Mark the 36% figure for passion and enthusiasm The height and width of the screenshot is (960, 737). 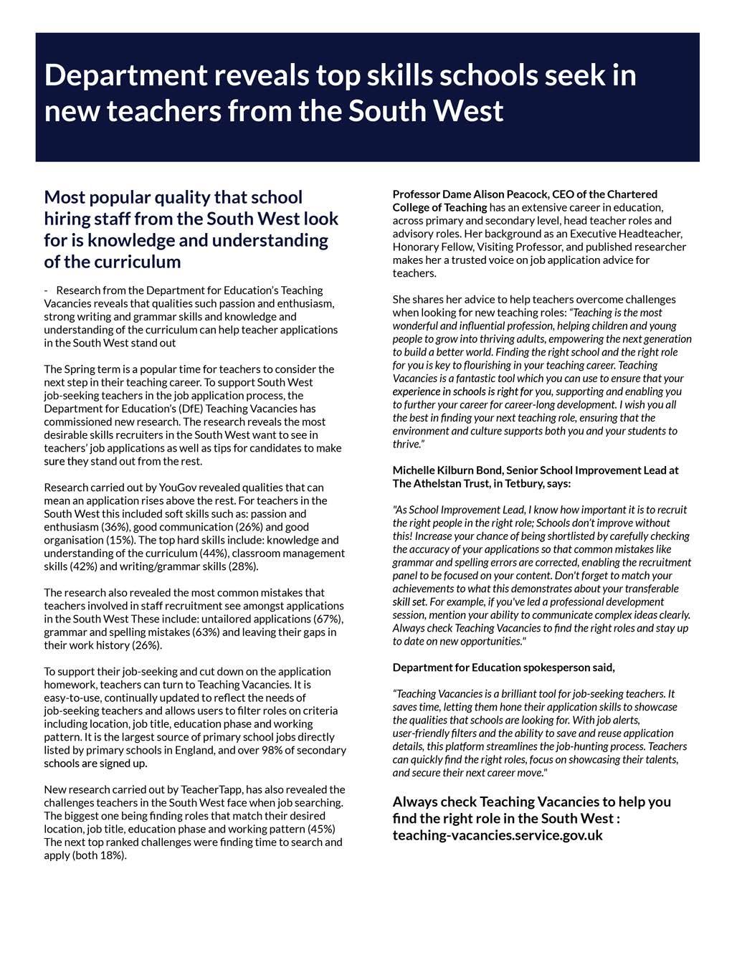click(x=115, y=527)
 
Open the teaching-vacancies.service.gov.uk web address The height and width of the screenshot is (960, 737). click(x=498, y=835)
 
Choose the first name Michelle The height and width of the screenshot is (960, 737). click(x=413, y=470)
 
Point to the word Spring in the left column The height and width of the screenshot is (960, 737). click(x=80, y=369)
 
